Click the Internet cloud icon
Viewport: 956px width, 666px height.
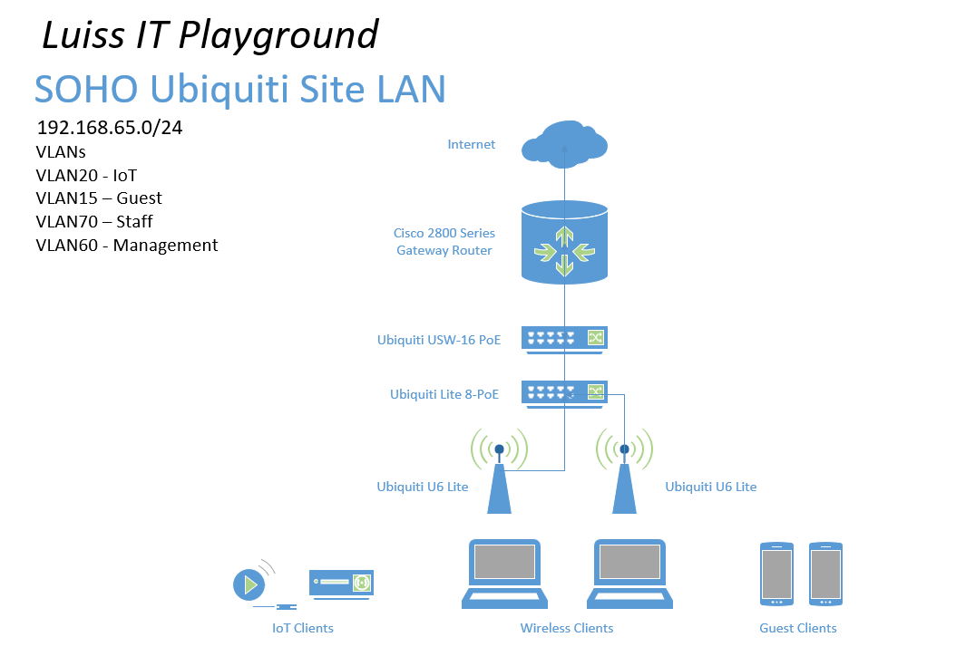click(564, 144)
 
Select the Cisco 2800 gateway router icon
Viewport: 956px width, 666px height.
click(564, 243)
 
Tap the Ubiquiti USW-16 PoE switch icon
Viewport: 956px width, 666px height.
click(564, 340)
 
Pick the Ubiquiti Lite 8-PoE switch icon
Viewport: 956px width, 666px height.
click(564, 394)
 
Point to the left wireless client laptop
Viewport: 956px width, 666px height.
click(504, 574)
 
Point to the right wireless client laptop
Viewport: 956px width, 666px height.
click(629, 574)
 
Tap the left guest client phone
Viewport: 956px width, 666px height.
click(776, 574)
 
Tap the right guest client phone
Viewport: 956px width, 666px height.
click(825, 574)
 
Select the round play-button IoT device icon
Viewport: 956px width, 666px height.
click(249, 585)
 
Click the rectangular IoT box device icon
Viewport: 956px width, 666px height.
click(341, 584)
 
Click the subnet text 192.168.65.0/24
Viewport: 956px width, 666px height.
click(110, 128)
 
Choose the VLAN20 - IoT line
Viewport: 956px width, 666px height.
click(86, 176)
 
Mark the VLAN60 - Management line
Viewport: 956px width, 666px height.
click(127, 245)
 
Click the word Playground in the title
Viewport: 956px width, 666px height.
click(278, 35)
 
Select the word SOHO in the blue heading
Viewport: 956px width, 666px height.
click(86, 89)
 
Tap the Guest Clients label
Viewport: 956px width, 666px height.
click(798, 628)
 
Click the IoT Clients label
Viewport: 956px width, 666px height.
click(303, 628)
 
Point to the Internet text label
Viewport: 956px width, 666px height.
click(472, 144)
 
